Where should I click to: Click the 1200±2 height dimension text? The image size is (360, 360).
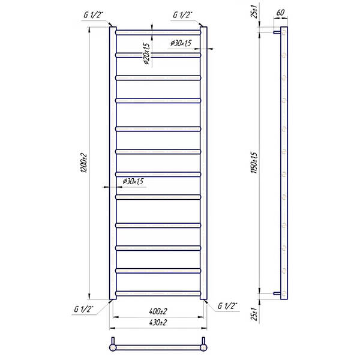(x=85, y=163)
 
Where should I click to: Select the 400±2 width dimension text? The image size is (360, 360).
(x=158, y=311)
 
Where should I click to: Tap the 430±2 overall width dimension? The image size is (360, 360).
(x=158, y=323)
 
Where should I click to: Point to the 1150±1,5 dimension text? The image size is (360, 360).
(x=254, y=163)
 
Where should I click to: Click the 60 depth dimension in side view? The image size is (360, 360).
(x=280, y=13)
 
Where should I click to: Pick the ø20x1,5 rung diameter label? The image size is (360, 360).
(x=146, y=54)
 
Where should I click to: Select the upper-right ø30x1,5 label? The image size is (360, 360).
(x=181, y=43)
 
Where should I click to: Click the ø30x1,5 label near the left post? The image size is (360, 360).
(x=133, y=181)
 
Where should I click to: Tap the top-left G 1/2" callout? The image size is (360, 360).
(x=93, y=15)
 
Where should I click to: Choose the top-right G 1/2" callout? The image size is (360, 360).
(x=182, y=15)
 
